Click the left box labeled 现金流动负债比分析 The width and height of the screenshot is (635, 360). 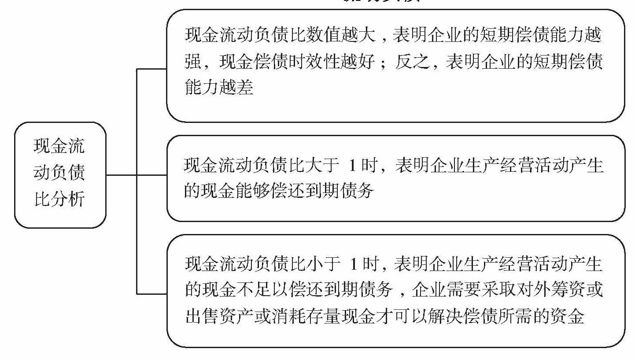[60, 174]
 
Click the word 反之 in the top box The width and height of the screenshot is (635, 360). [412, 62]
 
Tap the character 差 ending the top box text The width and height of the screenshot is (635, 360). [245, 88]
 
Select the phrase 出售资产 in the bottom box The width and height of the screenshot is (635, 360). [219, 316]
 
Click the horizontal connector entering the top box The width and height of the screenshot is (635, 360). [152, 69]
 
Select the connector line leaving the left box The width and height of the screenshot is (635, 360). [122, 174]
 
